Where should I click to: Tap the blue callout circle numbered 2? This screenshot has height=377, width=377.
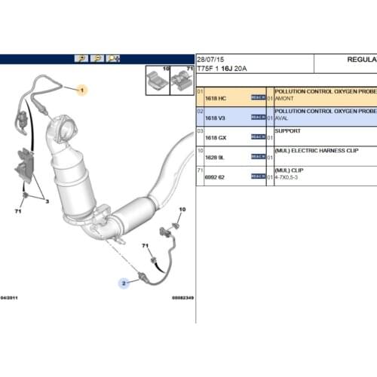pyautogui.click(x=122, y=284)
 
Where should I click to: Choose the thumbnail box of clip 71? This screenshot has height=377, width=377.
pyautogui.click(x=182, y=81)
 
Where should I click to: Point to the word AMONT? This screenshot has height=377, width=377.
pyautogui.click(x=284, y=97)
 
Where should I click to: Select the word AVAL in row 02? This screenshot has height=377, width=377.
pyautogui.click(x=282, y=118)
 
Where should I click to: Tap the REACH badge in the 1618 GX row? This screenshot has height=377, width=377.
pyautogui.click(x=258, y=138)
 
